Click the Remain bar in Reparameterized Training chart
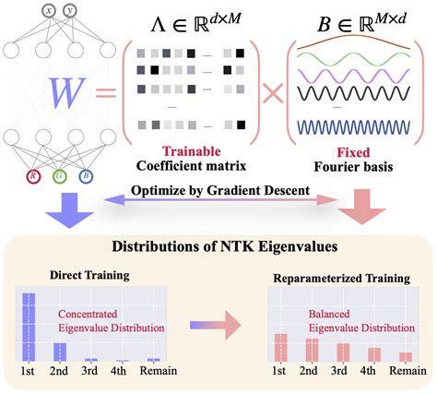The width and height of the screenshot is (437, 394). point(406,356)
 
